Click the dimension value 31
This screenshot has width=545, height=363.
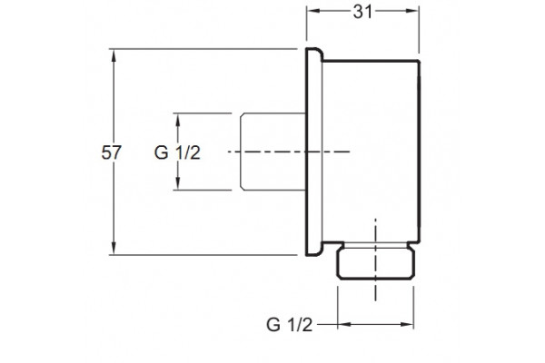pos(362,12)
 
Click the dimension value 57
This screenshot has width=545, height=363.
pos(111,152)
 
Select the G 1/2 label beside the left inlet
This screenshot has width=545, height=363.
pos(177,152)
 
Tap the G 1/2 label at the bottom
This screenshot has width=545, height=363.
pos(290,325)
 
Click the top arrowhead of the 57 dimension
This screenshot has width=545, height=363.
pos(114,55)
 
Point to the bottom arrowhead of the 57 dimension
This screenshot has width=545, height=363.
pos(114,249)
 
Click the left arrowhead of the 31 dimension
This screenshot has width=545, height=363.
pos(313,11)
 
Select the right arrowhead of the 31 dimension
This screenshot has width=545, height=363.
pos(412,11)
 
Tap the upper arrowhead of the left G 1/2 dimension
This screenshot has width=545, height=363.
pos(178,120)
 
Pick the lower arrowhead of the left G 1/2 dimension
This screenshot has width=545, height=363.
pos(178,183)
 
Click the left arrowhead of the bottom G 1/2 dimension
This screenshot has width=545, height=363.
pos(344,325)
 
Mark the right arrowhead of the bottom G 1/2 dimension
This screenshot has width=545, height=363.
pos(407,325)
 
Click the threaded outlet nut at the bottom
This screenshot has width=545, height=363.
pos(376,264)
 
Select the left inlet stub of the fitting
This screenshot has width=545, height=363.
pos(272,152)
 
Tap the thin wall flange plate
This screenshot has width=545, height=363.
pos(314,152)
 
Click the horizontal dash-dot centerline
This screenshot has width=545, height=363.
pos(289,152)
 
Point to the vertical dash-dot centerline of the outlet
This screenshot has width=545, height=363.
pos(375,260)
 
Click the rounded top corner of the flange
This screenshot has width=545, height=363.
pos(320,52)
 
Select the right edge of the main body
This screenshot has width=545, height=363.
pos(419,152)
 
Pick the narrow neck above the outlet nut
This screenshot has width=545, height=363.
pos(376,246)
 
